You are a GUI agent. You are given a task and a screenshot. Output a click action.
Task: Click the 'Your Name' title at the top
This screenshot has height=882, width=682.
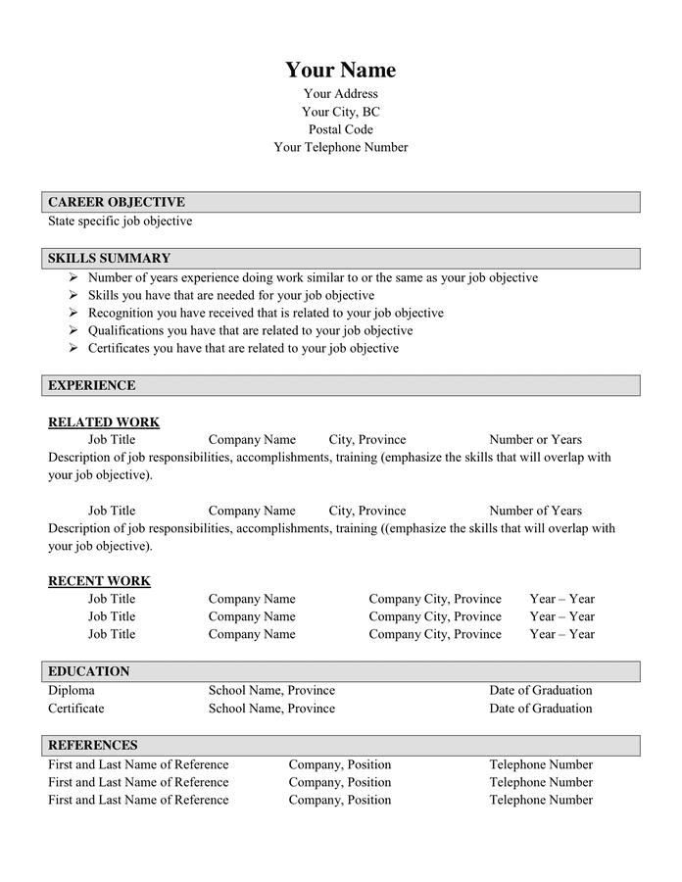click(340, 70)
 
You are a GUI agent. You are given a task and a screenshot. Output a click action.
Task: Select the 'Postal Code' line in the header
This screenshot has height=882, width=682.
click(340, 129)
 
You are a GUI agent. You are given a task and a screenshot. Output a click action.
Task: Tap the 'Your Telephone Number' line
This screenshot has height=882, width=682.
click(340, 147)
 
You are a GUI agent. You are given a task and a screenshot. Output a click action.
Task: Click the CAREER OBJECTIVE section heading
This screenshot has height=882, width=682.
click(117, 202)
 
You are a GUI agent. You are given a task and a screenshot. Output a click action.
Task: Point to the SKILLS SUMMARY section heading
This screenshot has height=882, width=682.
click(109, 259)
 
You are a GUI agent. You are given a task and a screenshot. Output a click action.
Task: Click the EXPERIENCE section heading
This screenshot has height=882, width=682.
click(92, 385)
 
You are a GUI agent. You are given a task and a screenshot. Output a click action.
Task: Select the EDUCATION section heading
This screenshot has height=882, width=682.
click(89, 671)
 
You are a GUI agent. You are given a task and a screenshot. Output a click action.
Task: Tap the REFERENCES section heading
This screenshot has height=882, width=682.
click(93, 745)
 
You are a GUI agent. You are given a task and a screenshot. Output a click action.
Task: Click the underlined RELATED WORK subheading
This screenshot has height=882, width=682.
click(104, 422)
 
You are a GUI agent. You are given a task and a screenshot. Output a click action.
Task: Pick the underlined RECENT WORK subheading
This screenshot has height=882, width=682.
click(99, 581)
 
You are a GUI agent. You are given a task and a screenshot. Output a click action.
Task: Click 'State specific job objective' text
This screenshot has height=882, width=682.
click(120, 220)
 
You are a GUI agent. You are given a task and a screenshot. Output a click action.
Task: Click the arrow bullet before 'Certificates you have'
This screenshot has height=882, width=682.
click(73, 348)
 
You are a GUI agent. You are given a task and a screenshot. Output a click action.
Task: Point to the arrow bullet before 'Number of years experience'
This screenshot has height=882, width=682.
click(73, 277)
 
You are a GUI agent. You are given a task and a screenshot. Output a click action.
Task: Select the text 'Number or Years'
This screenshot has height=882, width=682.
click(535, 440)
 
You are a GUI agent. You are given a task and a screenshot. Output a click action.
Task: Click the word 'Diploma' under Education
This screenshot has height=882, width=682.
click(72, 690)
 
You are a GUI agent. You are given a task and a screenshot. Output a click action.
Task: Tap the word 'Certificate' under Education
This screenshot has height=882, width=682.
click(75, 708)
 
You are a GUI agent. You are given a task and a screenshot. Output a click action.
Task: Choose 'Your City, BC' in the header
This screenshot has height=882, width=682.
click(340, 112)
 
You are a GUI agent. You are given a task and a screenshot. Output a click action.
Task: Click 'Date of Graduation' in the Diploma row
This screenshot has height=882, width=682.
click(541, 690)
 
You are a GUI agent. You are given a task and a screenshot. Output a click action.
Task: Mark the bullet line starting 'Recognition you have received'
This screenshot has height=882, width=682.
click(266, 313)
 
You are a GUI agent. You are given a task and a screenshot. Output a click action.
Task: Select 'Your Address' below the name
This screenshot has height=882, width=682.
click(340, 94)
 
